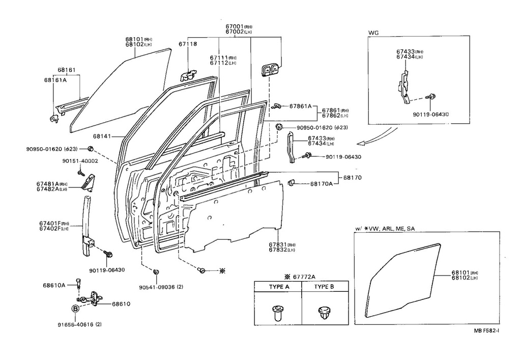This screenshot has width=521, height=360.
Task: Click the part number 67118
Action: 188,45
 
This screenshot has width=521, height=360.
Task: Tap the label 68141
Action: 102,136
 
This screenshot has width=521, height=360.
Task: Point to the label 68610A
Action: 54,286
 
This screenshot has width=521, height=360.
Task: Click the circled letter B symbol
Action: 75,309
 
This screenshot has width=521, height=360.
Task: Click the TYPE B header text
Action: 324,287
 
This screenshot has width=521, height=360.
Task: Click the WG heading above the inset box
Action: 373,33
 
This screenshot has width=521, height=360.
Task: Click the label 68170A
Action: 322,183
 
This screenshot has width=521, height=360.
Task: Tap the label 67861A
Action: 300,106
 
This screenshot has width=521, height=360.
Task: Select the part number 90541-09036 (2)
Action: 160,287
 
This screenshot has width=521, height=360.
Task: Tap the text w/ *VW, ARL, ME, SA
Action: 385,229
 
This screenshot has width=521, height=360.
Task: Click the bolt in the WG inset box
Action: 432,96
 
